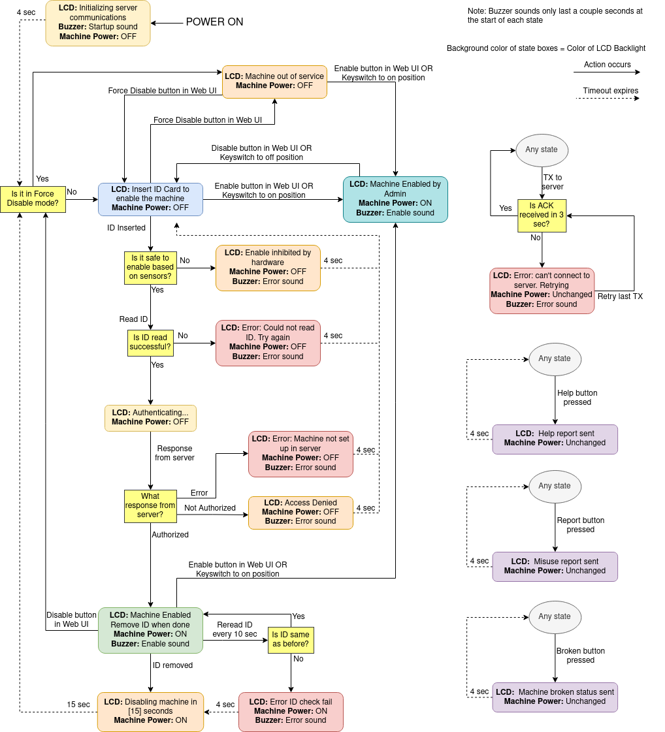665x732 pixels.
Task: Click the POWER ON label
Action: pos(214,22)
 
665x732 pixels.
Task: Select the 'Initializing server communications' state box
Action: pos(98,23)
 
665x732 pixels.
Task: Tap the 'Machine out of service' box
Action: pos(274,82)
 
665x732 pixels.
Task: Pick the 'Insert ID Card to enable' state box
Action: pos(150,199)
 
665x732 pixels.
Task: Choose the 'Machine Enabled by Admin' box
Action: pos(395,199)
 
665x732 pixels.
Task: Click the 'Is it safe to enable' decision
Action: pos(150,268)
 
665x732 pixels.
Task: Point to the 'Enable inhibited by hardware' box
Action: pos(268,268)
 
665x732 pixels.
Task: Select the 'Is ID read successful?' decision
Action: pos(150,343)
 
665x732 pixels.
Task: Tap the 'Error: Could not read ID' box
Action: pos(268,343)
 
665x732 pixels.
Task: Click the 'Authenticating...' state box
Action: pos(150,418)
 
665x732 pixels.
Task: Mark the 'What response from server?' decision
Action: pos(150,506)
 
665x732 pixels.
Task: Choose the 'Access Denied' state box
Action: pos(300,513)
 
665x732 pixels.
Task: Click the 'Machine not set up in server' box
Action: pos(300,454)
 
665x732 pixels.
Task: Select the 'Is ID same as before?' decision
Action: pos(291,640)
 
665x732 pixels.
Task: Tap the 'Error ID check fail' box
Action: pos(291,712)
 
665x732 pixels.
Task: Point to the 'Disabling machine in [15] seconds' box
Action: pos(150,712)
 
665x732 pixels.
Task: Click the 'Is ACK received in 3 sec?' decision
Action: pos(542,215)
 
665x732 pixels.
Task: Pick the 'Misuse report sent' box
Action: pos(555,566)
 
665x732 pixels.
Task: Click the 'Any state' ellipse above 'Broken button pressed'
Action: pos(555,616)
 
